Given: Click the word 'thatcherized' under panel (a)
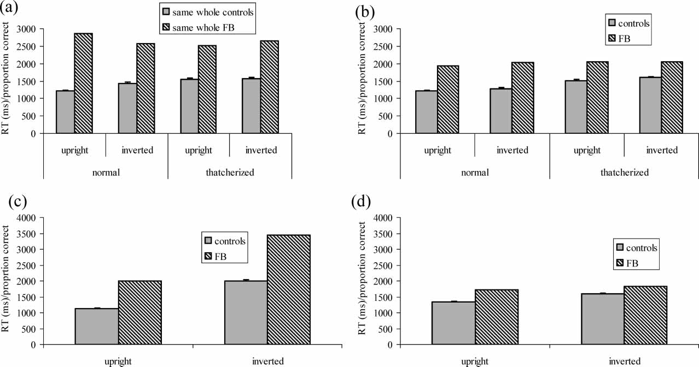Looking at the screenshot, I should click(229, 173).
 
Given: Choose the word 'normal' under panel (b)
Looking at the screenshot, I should click(474, 173).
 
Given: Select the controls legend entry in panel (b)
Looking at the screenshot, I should click(628, 23).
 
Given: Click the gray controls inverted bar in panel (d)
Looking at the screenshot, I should click(602, 319).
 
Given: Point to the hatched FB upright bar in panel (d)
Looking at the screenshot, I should click(496, 317).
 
